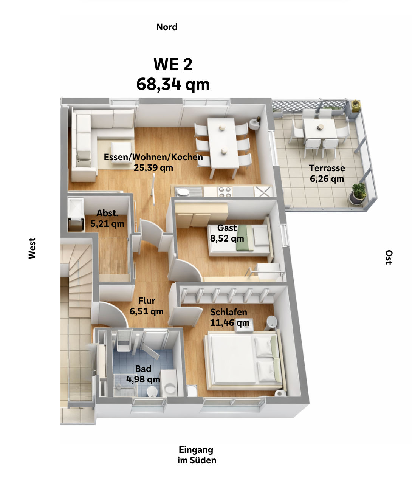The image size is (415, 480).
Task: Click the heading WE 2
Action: pos(173,65)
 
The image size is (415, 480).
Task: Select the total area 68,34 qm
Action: pos(173,84)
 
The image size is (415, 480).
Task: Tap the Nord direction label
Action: pos(167,27)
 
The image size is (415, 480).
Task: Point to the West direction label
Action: pos(32,248)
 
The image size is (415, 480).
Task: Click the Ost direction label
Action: pos(389,257)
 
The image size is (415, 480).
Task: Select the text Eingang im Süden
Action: pos(197,455)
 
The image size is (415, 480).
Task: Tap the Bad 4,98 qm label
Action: pos(143,374)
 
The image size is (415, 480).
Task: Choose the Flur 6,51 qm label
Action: pos(147,306)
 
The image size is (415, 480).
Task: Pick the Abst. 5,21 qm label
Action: pos(107,218)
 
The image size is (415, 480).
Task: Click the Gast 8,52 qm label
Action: pos(227,233)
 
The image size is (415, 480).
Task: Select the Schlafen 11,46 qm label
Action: pos(229,317)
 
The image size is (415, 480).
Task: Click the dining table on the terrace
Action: pos(320,129)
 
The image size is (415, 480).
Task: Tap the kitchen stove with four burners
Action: pos(225,192)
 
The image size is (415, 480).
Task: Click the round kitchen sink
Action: pos(183,192)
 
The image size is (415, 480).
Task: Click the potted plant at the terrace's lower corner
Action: pos(358,193)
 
